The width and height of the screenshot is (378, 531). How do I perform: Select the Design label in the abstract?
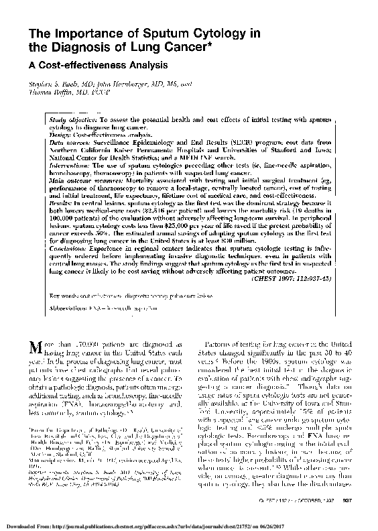click(62, 135)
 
